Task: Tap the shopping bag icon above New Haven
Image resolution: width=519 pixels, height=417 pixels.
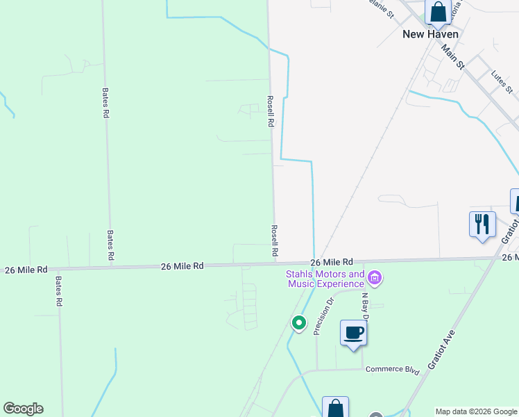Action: click(x=438, y=12)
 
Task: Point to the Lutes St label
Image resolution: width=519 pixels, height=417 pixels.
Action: click(x=501, y=81)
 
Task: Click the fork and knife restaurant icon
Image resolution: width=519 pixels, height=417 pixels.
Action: click(x=482, y=224)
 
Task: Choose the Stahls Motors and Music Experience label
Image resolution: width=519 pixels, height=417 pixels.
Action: click(x=325, y=279)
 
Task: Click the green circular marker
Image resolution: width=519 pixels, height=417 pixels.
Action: click(x=299, y=322)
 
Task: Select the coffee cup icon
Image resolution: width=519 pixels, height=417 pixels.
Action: click(x=353, y=333)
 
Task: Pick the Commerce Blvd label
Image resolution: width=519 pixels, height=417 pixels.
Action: click(x=393, y=369)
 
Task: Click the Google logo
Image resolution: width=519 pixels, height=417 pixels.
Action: click(x=23, y=409)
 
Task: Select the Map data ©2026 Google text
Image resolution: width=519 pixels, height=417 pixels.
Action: click(x=476, y=411)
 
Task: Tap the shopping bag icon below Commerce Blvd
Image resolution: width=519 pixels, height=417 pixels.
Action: click(x=335, y=408)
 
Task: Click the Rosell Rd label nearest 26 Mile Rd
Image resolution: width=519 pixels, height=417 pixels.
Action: click(x=275, y=239)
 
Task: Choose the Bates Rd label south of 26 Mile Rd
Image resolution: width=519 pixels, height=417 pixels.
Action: click(x=60, y=291)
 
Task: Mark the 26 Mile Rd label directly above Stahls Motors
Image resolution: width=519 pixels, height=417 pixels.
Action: click(x=332, y=262)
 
